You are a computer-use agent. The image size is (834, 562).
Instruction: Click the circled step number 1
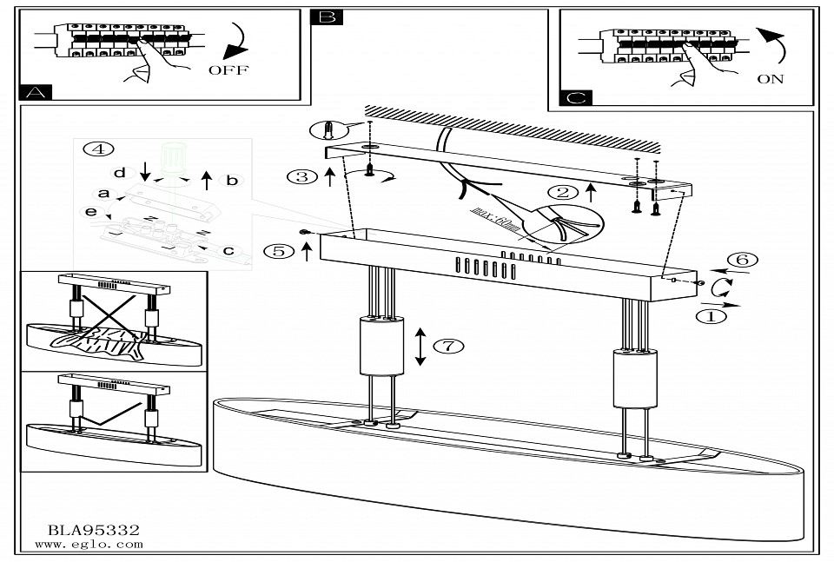[712, 316]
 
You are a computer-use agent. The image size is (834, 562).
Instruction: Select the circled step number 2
[564, 192]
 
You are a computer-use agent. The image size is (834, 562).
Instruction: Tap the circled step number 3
[301, 177]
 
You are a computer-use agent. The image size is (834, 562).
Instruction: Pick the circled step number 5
[279, 252]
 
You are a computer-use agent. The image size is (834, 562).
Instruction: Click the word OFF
[228, 70]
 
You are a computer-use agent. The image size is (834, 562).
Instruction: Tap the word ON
[770, 79]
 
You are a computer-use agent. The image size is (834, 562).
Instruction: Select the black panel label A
[35, 92]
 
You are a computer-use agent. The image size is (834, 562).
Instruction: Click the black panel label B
[326, 17]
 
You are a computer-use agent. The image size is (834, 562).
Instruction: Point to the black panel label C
[576, 98]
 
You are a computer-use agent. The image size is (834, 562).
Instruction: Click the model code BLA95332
[94, 529]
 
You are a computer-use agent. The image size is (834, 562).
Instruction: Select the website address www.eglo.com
[89, 545]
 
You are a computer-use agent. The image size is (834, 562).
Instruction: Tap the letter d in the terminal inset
[122, 172]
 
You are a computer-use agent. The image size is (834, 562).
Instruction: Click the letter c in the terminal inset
[228, 250]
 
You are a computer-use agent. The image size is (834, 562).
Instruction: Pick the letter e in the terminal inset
[89, 211]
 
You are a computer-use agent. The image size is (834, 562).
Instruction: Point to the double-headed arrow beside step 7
[420, 346]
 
